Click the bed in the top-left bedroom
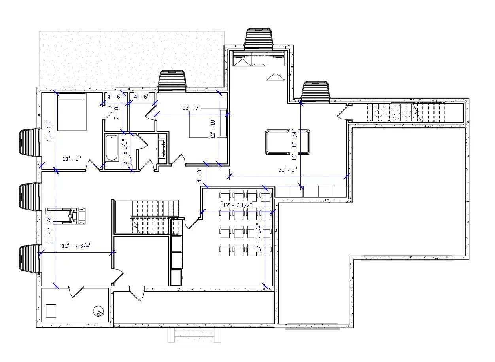click(x=72, y=112)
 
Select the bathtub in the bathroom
click(x=112, y=148)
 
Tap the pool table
click(x=287, y=142)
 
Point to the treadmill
click(x=66, y=216)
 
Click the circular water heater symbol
click(x=98, y=312)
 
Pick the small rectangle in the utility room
click(x=51, y=311)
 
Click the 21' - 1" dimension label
click(x=287, y=170)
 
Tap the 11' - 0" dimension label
click(x=72, y=159)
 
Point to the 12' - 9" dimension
click(x=191, y=108)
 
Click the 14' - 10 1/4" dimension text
click(x=294, y=144)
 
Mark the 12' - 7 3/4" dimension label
click(x=77, y=246)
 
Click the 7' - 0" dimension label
click(x=116, y=113)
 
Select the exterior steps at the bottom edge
click(x=194, y=335)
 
